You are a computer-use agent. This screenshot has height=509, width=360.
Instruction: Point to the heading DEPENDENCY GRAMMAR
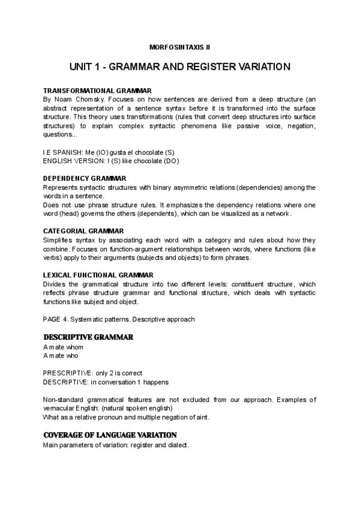[85, 178]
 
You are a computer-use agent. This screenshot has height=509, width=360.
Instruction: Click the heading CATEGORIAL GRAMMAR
[83, 230]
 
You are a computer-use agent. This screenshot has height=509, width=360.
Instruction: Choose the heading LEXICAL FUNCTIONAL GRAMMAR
[98, 274]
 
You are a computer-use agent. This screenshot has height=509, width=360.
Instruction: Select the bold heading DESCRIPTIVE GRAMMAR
[88, 337]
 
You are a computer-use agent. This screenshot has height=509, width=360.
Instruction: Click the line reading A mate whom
[63, 348]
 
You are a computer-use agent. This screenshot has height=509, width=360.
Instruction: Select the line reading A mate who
[61, 355]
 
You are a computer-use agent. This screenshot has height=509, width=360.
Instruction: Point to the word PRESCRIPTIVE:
[67, 373]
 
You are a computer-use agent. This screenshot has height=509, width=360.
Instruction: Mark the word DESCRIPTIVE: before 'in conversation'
[66, 382]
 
